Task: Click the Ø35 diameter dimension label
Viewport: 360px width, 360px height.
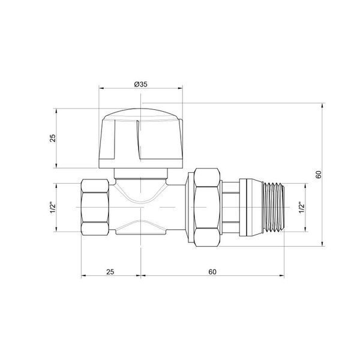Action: [x=141, y=84]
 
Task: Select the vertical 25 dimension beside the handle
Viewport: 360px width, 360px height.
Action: [x=53, y=138]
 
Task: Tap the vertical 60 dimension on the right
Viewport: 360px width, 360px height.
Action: [x=319, y=175]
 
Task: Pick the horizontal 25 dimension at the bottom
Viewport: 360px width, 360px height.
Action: [x=110, y=272]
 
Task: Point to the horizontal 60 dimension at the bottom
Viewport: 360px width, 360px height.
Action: [x=212, y=272]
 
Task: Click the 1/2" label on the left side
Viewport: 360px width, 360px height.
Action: [x=53, y=208]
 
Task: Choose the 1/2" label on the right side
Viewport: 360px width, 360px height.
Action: [x=301, y=208]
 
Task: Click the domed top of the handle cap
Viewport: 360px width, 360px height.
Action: [x=141, y=114]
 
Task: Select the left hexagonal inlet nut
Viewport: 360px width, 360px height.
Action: [x=95, y=207]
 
